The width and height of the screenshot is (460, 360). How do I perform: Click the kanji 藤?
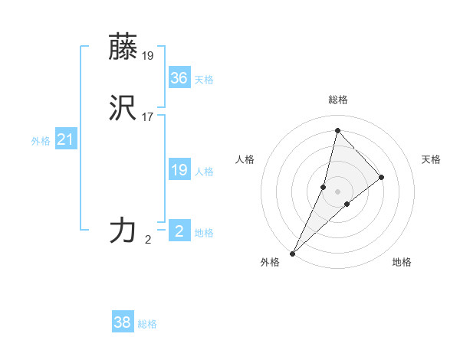[x=123, y=47]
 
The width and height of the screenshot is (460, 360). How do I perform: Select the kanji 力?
[x=123, y=231]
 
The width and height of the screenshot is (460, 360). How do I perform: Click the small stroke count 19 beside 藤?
[x=148, y=55]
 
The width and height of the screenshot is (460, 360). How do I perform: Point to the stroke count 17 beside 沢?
[x=148, y=117]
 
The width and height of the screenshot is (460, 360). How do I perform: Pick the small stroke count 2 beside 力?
[x=148, y=239]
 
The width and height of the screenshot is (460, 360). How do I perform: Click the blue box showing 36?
[x=179, y=78]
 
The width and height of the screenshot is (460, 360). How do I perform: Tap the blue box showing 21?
[x=66, y=139]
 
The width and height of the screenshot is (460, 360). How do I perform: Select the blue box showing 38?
[x=123, y=322]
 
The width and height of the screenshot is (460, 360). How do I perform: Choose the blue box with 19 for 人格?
[x=179, y=170]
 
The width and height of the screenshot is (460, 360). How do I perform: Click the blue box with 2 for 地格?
[x=179, y=231]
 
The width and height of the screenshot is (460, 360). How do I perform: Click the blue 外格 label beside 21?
[x=41, y=141]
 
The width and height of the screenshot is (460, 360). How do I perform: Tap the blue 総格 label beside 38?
[x=147, y=324]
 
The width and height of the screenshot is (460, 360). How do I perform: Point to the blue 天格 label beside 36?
[x=204, y=80]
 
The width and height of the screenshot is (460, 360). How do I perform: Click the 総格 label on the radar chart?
[x=338, y=100]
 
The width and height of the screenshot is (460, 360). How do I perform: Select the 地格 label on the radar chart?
[x=402, y=262]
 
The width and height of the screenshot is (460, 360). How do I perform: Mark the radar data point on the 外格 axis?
[x=293, y=253]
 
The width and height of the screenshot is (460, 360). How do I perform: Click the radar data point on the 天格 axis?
[x=382, y=177]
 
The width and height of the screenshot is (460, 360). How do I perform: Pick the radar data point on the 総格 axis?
[x=337, y=130]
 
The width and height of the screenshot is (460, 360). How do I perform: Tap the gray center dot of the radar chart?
[x=337, y=191]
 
